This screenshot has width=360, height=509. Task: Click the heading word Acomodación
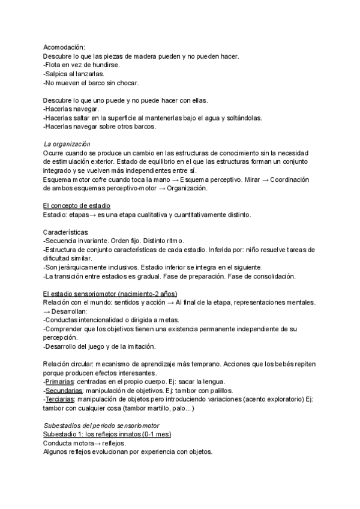pos(64,47)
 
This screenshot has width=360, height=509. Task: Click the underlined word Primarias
pos(60,381)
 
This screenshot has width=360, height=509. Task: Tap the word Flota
pos(55,65)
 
